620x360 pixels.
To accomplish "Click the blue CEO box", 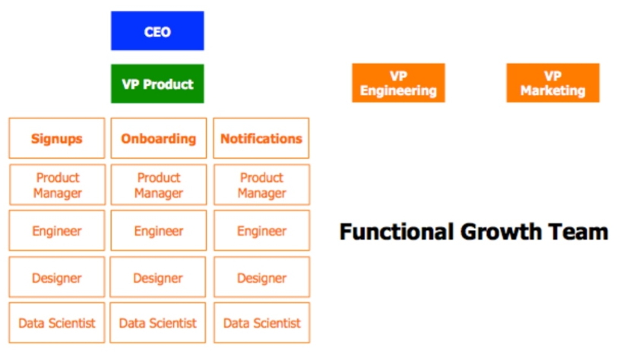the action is (157, 31).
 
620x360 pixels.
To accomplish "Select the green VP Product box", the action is (157, 84).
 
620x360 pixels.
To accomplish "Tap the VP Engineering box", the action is (399, 83).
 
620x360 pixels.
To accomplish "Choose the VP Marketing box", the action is (553, 83).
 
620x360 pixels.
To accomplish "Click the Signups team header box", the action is (57, 138).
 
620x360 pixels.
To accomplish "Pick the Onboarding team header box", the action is (159, 138).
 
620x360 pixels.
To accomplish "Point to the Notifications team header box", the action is (261, 138).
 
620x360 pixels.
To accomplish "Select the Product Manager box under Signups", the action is (57, 185).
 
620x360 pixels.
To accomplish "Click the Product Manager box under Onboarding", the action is (159, 185).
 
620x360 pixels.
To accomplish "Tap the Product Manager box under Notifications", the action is (262, 185).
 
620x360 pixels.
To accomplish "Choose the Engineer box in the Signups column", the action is (57, 231).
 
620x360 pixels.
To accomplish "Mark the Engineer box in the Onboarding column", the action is (159, 231).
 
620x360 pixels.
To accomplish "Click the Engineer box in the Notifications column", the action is (262, 231).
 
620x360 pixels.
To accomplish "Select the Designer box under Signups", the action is (57, 277).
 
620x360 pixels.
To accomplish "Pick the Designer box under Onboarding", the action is (158, 277).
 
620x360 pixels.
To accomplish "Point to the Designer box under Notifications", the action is (262, 277).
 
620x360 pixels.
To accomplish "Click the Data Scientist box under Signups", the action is (57, 323).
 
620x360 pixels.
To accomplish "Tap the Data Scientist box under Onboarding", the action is (158, 323).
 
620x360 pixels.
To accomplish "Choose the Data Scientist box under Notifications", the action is (262, 323).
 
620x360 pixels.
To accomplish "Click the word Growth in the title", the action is (501, 232).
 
